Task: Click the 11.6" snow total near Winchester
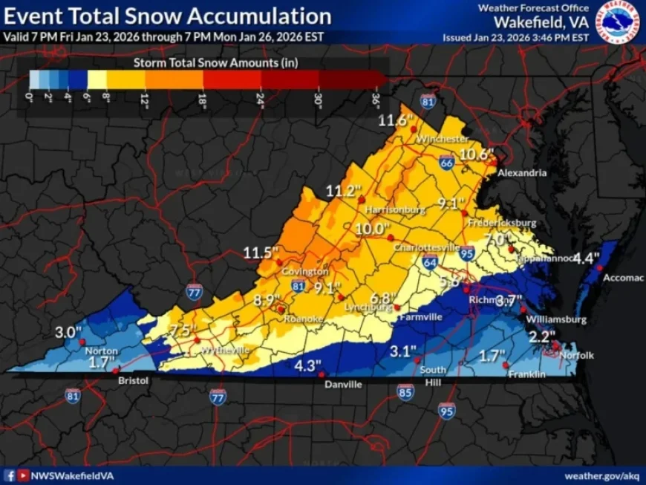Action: [394, 120]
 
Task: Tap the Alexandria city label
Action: [522, 172]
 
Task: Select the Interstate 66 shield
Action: [446, 163]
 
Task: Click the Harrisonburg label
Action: [396, 209]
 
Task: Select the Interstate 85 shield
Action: [405, 391]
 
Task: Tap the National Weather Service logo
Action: [619, 21]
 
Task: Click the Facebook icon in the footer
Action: [10, 475]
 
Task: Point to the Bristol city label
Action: [134, 380]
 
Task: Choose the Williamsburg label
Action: [556, 319]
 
